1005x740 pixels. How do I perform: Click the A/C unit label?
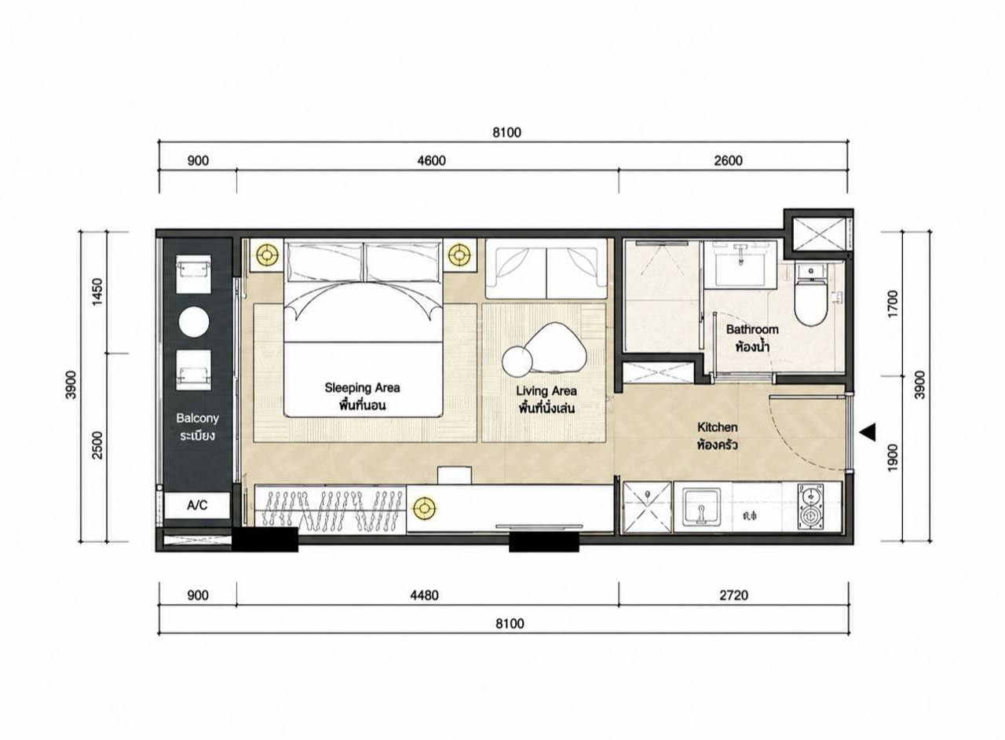coord(197,505)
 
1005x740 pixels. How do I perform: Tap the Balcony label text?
coord(197,418)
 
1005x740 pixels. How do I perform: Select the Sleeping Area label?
coord(362,387)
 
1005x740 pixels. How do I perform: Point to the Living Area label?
coord(546,390)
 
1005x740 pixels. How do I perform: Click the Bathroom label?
coord(752,329)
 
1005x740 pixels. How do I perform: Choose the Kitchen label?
coord(717,427)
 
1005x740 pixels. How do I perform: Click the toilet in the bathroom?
coord(811,294)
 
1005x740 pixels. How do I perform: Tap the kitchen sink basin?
coord(701,507)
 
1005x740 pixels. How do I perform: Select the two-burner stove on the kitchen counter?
coord(811,506)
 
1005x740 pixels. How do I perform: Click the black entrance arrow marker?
coord(867,432)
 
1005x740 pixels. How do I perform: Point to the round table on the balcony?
coord(194,321)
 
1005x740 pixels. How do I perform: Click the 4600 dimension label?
coord(432,160)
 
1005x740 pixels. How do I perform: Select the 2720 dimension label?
coord(734,595)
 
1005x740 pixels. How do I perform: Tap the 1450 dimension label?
coord(97,291)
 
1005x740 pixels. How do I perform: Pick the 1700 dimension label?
coord(893,304)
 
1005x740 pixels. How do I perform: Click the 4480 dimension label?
coord(425,595)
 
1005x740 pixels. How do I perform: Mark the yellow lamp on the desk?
coord(425,507)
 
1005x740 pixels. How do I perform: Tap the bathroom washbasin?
coord(740,264)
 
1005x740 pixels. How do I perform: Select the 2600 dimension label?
coord(728,160)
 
